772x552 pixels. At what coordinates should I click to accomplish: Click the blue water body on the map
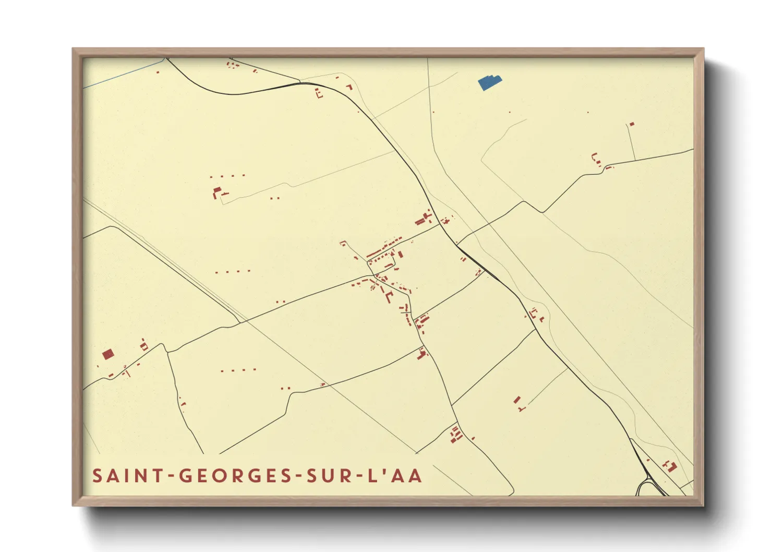point(489,82)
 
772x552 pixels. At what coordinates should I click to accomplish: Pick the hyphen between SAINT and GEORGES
point(170,476)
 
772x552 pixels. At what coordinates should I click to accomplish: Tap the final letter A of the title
point(416,476)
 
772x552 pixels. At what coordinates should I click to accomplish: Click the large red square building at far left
point(108,355)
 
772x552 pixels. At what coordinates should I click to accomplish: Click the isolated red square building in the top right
point(632,124)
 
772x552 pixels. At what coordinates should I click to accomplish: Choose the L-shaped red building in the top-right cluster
point(595,158)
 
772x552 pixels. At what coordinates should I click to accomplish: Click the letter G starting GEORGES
point(185,476)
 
